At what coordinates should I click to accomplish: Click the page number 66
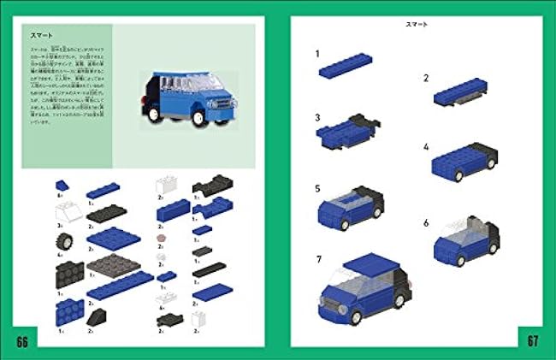coord(21,341)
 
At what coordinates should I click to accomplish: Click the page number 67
coord(533,341)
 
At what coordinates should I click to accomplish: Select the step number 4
coord(425,147)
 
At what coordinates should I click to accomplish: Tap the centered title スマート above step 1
coord(417,26)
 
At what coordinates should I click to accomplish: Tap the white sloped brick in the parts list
coord(63,210)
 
